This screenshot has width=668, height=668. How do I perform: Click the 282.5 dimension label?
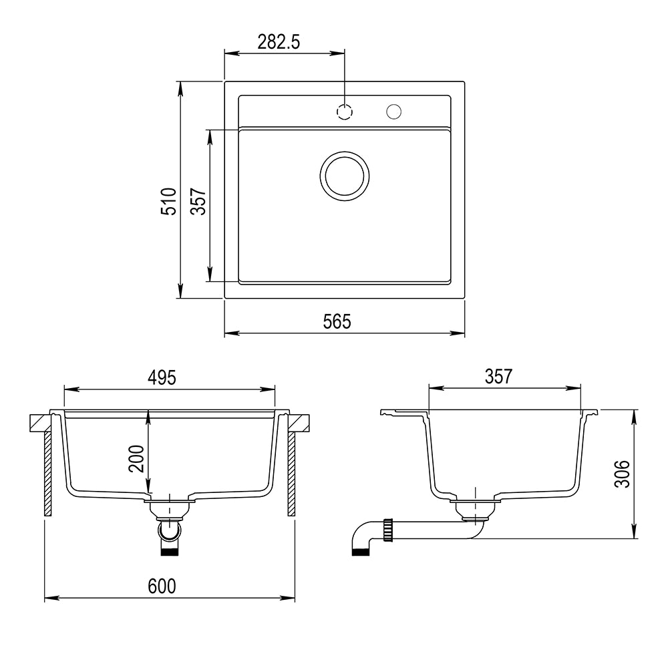coord(279,41)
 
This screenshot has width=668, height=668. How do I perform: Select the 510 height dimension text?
coord(169,201)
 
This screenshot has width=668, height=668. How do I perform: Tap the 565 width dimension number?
coord(337,322)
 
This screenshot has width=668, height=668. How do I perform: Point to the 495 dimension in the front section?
coord(162,377)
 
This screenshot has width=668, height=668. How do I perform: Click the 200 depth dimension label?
coord(136,458)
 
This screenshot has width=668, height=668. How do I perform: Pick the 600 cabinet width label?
coord(162,587)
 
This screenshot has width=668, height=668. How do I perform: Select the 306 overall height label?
coord(622,474)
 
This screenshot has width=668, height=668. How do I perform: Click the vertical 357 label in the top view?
coord(198,201)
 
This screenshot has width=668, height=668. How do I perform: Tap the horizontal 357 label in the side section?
coord(498,377)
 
